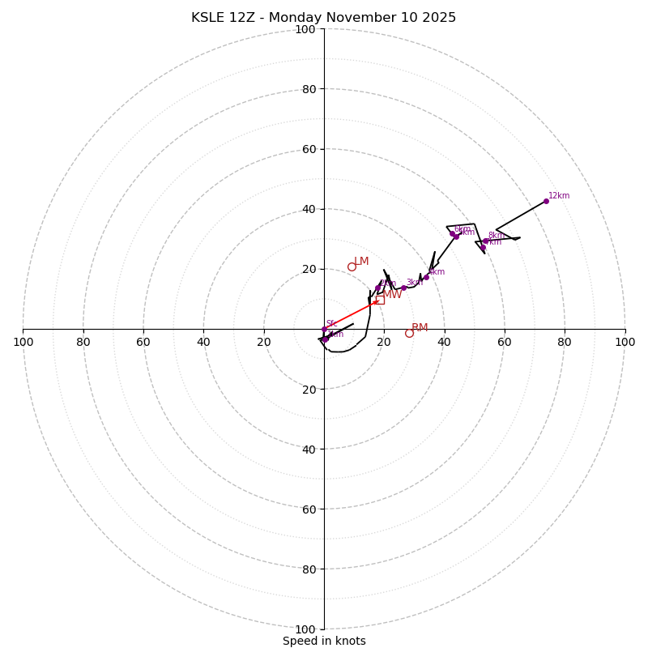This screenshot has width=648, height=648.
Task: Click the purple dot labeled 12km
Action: [546, 201]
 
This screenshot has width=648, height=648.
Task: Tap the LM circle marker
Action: [352, 266]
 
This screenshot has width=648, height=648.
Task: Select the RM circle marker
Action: [409, 333]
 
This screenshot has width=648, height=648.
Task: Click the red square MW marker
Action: [379, 300]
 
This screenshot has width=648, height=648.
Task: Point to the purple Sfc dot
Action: [324, 329]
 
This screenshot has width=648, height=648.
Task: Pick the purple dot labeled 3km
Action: [403, 288]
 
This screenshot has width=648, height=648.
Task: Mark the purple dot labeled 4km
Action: [426, 277]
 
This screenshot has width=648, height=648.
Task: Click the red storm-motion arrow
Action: [352, 314]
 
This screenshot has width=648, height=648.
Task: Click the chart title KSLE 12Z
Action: [323, 18]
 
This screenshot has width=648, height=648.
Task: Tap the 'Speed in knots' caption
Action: [324, 641]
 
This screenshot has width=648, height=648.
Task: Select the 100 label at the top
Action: [305, 29]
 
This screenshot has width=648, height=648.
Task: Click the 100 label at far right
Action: [625, 342]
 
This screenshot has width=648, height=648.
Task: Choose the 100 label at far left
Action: [23, 342]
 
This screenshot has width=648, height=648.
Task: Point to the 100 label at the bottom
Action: [305, 629]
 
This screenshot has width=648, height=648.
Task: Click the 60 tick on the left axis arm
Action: [143, 342]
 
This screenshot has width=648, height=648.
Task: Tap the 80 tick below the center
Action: [309, 569]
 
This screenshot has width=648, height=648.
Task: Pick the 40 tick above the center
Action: [309, 209]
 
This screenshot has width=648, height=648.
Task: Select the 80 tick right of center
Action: [565, 342]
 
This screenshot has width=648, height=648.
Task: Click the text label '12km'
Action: [559, 195]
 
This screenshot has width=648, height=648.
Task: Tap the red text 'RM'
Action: [420, 328]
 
